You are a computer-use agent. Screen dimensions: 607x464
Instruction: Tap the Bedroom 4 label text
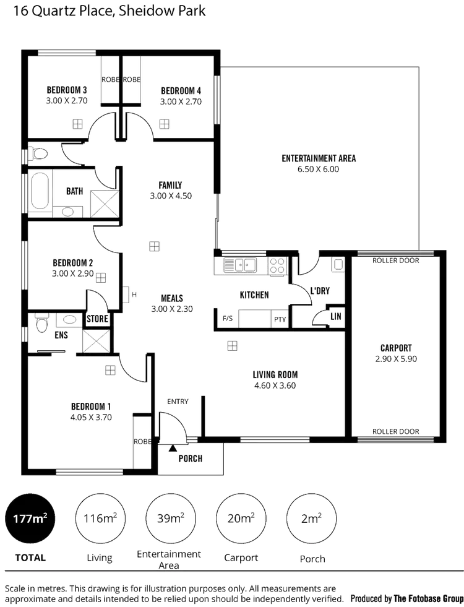tap(181, 88)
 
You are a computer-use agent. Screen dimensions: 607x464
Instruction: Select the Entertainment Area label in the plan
tap(319, 158)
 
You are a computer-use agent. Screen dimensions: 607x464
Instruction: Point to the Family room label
tap(171, 185)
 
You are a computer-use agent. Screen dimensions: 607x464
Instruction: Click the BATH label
tap(74, 191)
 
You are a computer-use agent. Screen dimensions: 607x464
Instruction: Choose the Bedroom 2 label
tap(73, 262)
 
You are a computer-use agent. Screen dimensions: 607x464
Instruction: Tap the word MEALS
tap(171, 297)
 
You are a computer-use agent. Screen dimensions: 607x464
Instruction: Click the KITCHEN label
tap(254, 295)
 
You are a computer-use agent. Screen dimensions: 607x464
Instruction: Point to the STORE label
tap(98, 319)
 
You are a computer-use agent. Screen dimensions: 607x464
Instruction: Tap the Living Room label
tap(275, 374)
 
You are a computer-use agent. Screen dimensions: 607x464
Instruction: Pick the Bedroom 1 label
tap(91, 406)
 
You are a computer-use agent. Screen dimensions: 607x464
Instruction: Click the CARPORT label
tap(397, 348)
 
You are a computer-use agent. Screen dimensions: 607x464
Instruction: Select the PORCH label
tap(191, 458)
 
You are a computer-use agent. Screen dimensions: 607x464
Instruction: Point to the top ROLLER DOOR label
tap(397, 260)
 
